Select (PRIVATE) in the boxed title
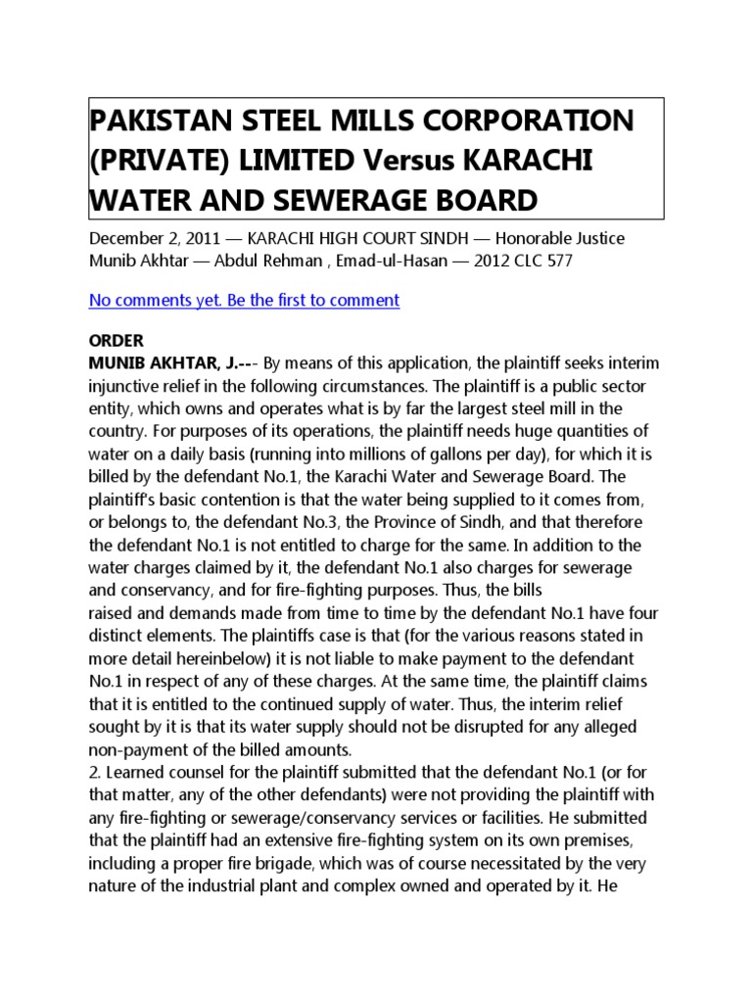tap(154, 161)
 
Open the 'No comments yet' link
tap(244, 300)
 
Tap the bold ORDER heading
tap(117, 341)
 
